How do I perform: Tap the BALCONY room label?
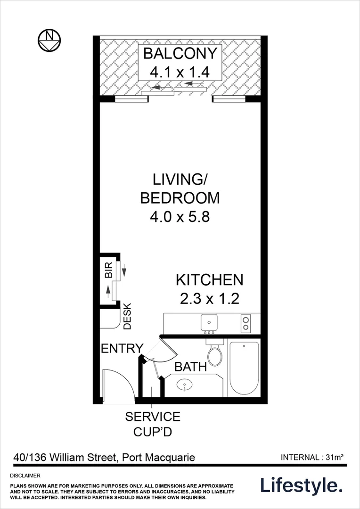[180, 53]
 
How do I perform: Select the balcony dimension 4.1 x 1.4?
[179, 73]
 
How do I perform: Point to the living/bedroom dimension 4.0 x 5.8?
[180, 217]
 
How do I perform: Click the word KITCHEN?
[209, 280]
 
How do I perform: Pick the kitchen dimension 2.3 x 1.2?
[209, 299]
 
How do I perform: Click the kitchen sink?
[208, 323]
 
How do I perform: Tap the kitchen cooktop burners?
[245, 323]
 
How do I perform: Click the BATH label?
[190, 367]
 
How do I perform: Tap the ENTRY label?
[122, 349]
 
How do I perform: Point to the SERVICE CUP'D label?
[152, 424]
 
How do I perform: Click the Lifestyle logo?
[302, 485]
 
